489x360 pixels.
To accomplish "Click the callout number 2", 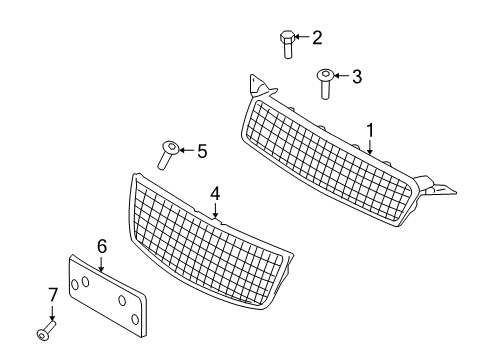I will (x=317, y=39).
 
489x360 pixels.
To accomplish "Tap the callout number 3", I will (x=357, y=75).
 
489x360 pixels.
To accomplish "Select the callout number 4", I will (x=214, y=193).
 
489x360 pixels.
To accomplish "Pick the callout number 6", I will (x=101, y=245).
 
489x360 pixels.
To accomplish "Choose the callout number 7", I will (x=53, y=293).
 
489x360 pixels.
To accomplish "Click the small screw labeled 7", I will (x=46, y=332).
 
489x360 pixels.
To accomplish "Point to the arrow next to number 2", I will (x=304, y=39).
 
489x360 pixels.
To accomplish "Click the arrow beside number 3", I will (x=343, y=75).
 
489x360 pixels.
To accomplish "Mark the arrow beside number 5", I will (x=187, y=152).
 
